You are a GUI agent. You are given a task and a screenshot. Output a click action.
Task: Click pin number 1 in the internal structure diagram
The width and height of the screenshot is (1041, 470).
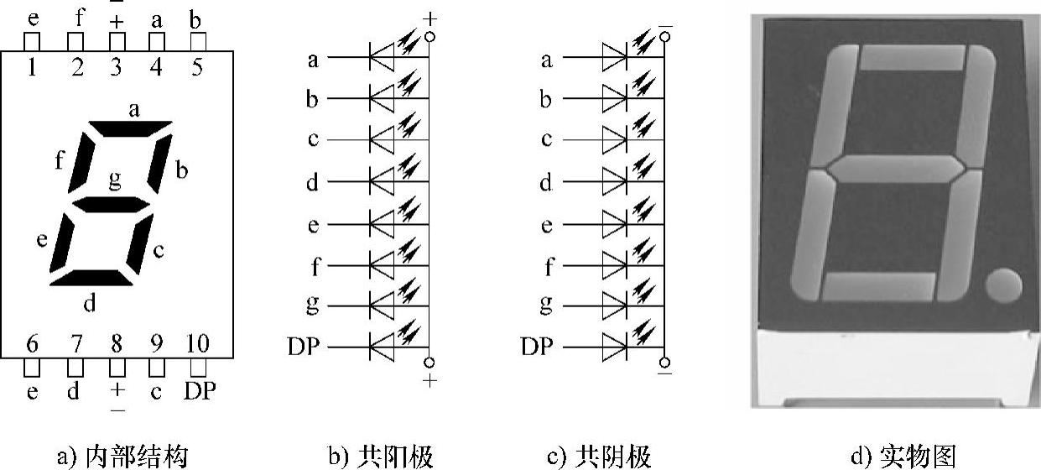click(32, 66)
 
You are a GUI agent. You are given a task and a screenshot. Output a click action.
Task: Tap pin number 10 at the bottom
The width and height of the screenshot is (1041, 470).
click(197, 344)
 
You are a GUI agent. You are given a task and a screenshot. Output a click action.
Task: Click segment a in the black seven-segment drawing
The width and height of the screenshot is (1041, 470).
click(130, 128)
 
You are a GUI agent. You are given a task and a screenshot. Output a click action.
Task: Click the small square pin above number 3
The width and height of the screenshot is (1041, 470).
click(117, 40)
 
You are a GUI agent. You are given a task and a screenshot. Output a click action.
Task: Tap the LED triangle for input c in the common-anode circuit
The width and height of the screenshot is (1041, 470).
click(383, 139)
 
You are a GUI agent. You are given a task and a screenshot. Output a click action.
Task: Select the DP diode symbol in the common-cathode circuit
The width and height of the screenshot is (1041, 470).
click(613, 346)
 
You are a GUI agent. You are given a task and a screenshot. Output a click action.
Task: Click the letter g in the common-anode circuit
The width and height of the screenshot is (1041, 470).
click(312, 304)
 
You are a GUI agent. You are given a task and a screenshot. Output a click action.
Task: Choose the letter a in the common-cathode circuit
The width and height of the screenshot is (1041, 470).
click(547, 59)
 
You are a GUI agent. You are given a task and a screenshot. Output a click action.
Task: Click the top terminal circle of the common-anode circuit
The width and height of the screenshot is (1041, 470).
click(429, 37)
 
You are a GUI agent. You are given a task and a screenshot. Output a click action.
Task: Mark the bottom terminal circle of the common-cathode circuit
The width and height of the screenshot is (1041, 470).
click(664, 363)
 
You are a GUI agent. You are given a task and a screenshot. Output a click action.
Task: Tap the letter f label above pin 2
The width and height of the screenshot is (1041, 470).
click(77, 18)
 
